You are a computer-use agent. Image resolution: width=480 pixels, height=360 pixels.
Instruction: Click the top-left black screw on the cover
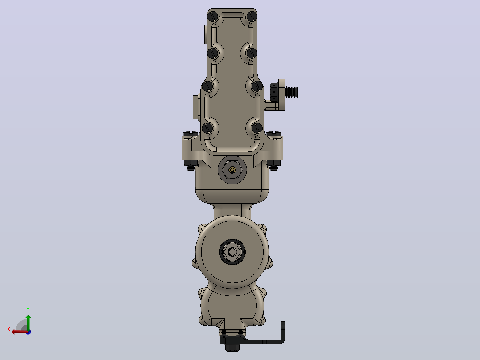click(213, 16)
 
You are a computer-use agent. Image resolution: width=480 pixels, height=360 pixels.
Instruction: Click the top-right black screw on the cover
click(252, 16)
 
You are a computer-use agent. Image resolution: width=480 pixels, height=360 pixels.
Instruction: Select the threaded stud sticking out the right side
click(291, 92)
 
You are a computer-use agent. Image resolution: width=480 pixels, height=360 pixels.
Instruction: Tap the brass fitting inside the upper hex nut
click(232, 170)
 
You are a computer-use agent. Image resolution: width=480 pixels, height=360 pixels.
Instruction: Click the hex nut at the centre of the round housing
click(232, 252)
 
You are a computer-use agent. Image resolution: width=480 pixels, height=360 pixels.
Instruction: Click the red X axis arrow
click(20, 331)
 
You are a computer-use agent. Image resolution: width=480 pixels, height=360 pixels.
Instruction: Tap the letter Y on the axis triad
click(28, 310)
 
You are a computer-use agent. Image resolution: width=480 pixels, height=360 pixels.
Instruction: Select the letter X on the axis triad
click(9, 329)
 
